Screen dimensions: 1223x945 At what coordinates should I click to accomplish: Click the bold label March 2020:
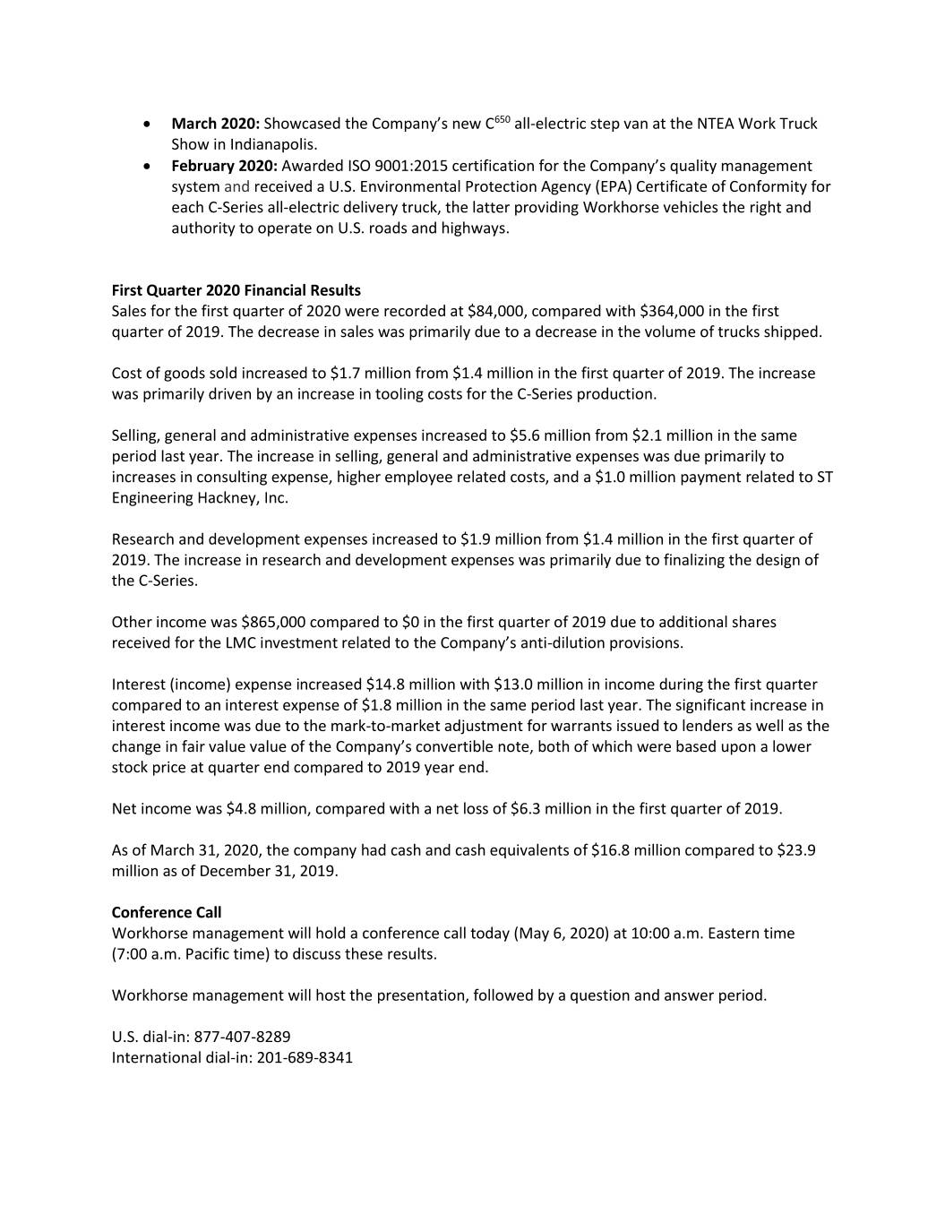[215, 124]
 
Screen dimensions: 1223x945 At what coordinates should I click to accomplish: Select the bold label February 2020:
[224, 166]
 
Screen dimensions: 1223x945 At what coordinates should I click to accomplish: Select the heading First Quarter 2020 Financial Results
[236, 290]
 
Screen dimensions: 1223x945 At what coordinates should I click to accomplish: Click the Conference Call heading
[166, 912]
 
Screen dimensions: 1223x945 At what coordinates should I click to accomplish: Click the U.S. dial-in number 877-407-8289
[242, 1037]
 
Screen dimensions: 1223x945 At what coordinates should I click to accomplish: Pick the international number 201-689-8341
[305, 1057]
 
